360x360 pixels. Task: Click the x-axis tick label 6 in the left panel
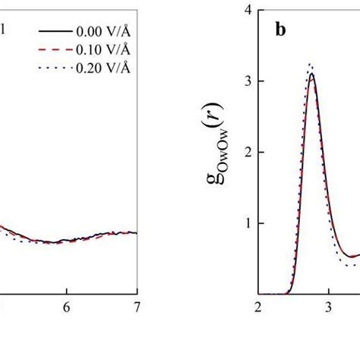[x=67, y=310]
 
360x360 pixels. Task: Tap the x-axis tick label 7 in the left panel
[x=137, y=310]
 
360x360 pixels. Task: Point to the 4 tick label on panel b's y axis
[x=248, y=10]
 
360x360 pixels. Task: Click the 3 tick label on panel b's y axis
[x=248, y=81]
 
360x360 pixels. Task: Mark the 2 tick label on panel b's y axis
[x=248, y=152]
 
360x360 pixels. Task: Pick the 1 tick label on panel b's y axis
[x=248, y=223]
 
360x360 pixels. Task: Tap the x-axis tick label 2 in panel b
[x=258, y=310]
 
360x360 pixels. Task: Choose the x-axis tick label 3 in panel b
[x=328, y=310]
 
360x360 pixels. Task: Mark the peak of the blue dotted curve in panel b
[x=310, y=65]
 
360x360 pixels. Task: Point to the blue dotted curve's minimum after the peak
[x=350, y=265]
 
